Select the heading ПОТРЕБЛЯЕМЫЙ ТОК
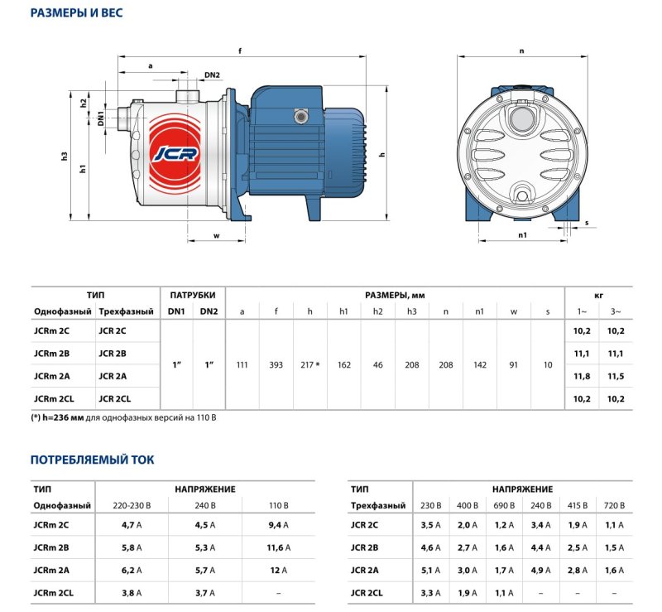click(92, 459)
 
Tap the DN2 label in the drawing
click(212, 75)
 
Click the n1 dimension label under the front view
click(522, 235)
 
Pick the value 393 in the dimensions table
click(276, 364)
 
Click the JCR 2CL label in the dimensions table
click(114, 398)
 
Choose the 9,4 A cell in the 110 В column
click(278, 524)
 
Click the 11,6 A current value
click(278, 547)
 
